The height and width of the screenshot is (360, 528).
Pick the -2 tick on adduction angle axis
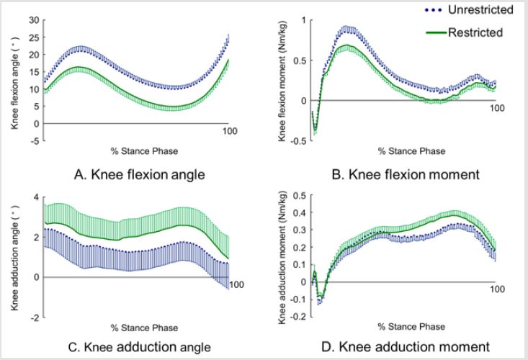[x=32, y=317]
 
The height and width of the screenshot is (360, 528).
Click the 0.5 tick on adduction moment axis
[x=297, y=195]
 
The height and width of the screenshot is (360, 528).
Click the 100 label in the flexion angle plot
[x=229, y=130]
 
